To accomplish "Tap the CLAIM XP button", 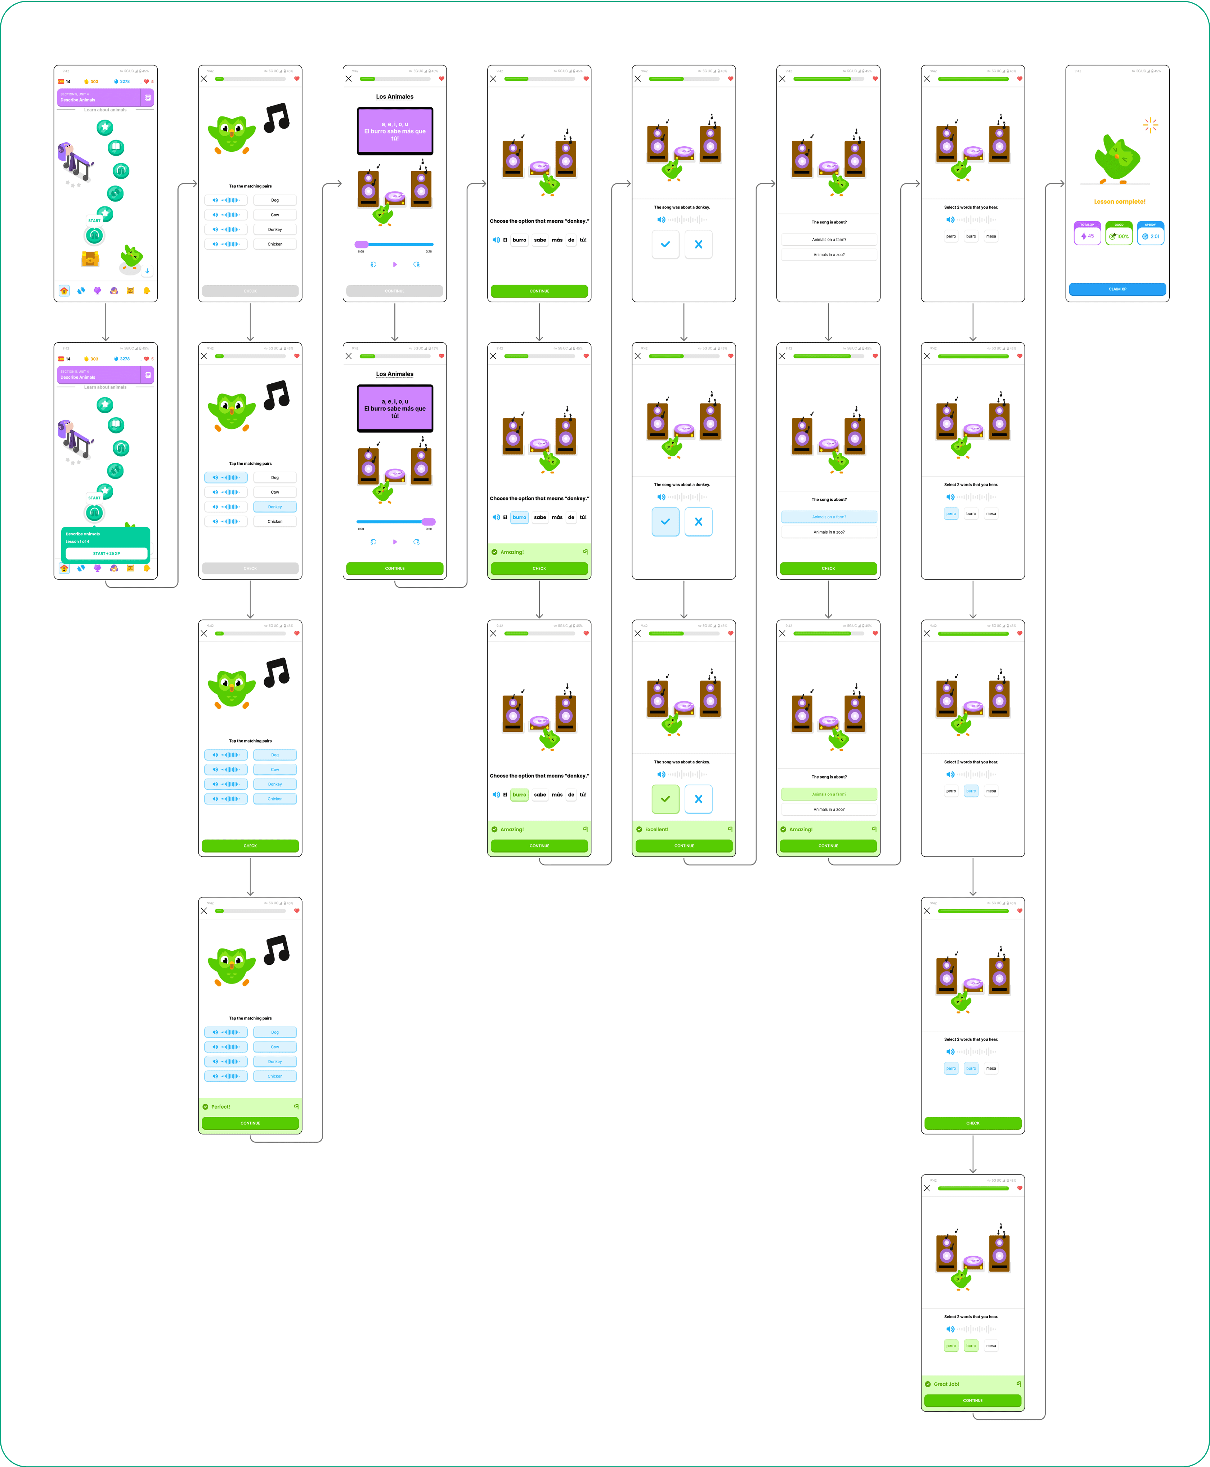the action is (1117, 289).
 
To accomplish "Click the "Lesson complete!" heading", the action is (1119, 201).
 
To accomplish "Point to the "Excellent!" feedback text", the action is (656, 829).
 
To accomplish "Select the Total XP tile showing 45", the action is (1087, 233).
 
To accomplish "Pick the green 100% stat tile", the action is (1119, 233).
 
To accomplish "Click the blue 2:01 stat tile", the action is (1150, 233).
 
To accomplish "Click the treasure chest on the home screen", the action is (90, 259).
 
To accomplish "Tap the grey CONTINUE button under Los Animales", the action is (394, 291).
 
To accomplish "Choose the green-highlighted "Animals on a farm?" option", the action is (829, 794).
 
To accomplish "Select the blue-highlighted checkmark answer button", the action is (665, 522).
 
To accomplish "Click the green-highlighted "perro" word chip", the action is (951, 1346).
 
